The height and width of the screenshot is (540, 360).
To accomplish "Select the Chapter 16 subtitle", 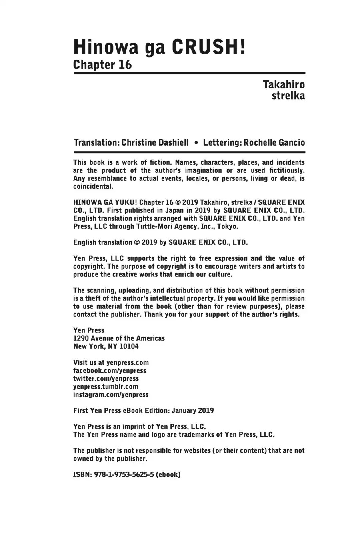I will click(102, 65).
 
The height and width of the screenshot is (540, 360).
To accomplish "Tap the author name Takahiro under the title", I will click(284, 85).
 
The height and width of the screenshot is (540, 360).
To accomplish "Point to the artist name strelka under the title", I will click(288, 96).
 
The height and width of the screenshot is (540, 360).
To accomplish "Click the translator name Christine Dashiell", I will click(155, 143).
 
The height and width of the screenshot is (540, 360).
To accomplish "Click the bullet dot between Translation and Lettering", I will click(196, 143).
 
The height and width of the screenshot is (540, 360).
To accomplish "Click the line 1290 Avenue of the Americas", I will click(119, 338).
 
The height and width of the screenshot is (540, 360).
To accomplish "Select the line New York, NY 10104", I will click(106, 346).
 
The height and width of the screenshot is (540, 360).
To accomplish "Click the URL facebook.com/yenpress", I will click(110, 370).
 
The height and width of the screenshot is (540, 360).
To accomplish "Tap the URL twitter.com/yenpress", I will click(106, 378).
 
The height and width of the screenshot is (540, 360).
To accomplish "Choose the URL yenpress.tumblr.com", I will click(106, 386).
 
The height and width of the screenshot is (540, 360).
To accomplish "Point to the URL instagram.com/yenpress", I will click(111, 394).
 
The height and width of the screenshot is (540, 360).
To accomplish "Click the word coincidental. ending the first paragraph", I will click(93, 186).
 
